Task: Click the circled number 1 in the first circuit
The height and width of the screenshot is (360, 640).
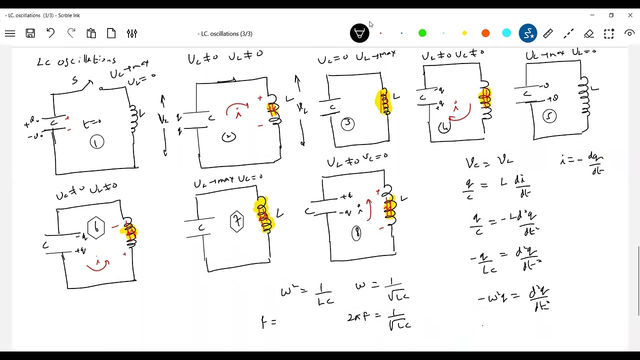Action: tap(96, 142)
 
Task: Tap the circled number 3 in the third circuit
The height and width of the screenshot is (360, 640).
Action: tap(348, 123)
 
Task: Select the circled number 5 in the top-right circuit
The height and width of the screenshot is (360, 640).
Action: tap(549, 116)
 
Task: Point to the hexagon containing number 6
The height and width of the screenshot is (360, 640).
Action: tap(96, 228)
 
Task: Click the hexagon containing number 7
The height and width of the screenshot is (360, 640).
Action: tap(237, 221)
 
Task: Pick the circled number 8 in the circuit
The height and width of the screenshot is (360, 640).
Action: tap(356, 233)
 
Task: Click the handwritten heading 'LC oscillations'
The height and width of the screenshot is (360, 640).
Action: tap(76, 61)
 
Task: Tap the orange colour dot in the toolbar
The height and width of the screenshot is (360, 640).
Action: tap(485, 33)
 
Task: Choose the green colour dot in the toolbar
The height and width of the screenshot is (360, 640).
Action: tap(422, 33)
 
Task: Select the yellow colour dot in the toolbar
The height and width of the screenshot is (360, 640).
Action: tap(464, 33)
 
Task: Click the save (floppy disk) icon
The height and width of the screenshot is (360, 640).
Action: tap(30, 33)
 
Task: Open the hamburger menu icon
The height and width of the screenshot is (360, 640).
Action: tap(10, 33)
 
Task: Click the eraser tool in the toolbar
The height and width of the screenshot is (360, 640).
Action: tap(588, 33)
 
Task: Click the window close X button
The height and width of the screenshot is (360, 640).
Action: tap(630, 15)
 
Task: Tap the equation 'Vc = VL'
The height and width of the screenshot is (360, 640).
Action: tap(489, 162)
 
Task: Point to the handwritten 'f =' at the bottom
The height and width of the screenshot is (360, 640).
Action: tap(268, 322)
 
